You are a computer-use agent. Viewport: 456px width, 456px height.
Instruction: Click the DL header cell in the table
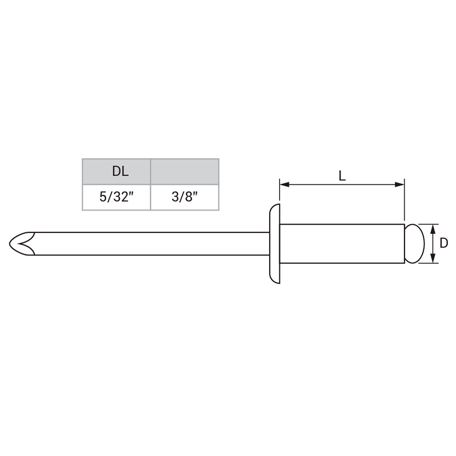click(x=116, y=171)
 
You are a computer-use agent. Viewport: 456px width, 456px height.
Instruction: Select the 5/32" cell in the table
click(x=116, y=197)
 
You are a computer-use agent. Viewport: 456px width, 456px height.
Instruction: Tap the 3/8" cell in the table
click(x=185, y=197)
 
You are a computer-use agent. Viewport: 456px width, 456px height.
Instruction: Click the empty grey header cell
click(x=185, y=171)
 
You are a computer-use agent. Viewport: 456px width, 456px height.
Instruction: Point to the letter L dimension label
click(x=342, y=176)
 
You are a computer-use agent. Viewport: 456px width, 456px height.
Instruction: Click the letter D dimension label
click(x=444, y=243)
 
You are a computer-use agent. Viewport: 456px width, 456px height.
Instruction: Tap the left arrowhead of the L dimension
click(x=285, y=184)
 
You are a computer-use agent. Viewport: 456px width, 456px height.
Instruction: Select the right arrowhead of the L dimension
click(x=399, y=184)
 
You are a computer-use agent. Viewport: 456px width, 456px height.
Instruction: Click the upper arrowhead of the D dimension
click(x=433, y=229)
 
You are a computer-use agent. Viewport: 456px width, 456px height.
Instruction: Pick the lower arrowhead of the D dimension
click(x=433, y=258)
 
